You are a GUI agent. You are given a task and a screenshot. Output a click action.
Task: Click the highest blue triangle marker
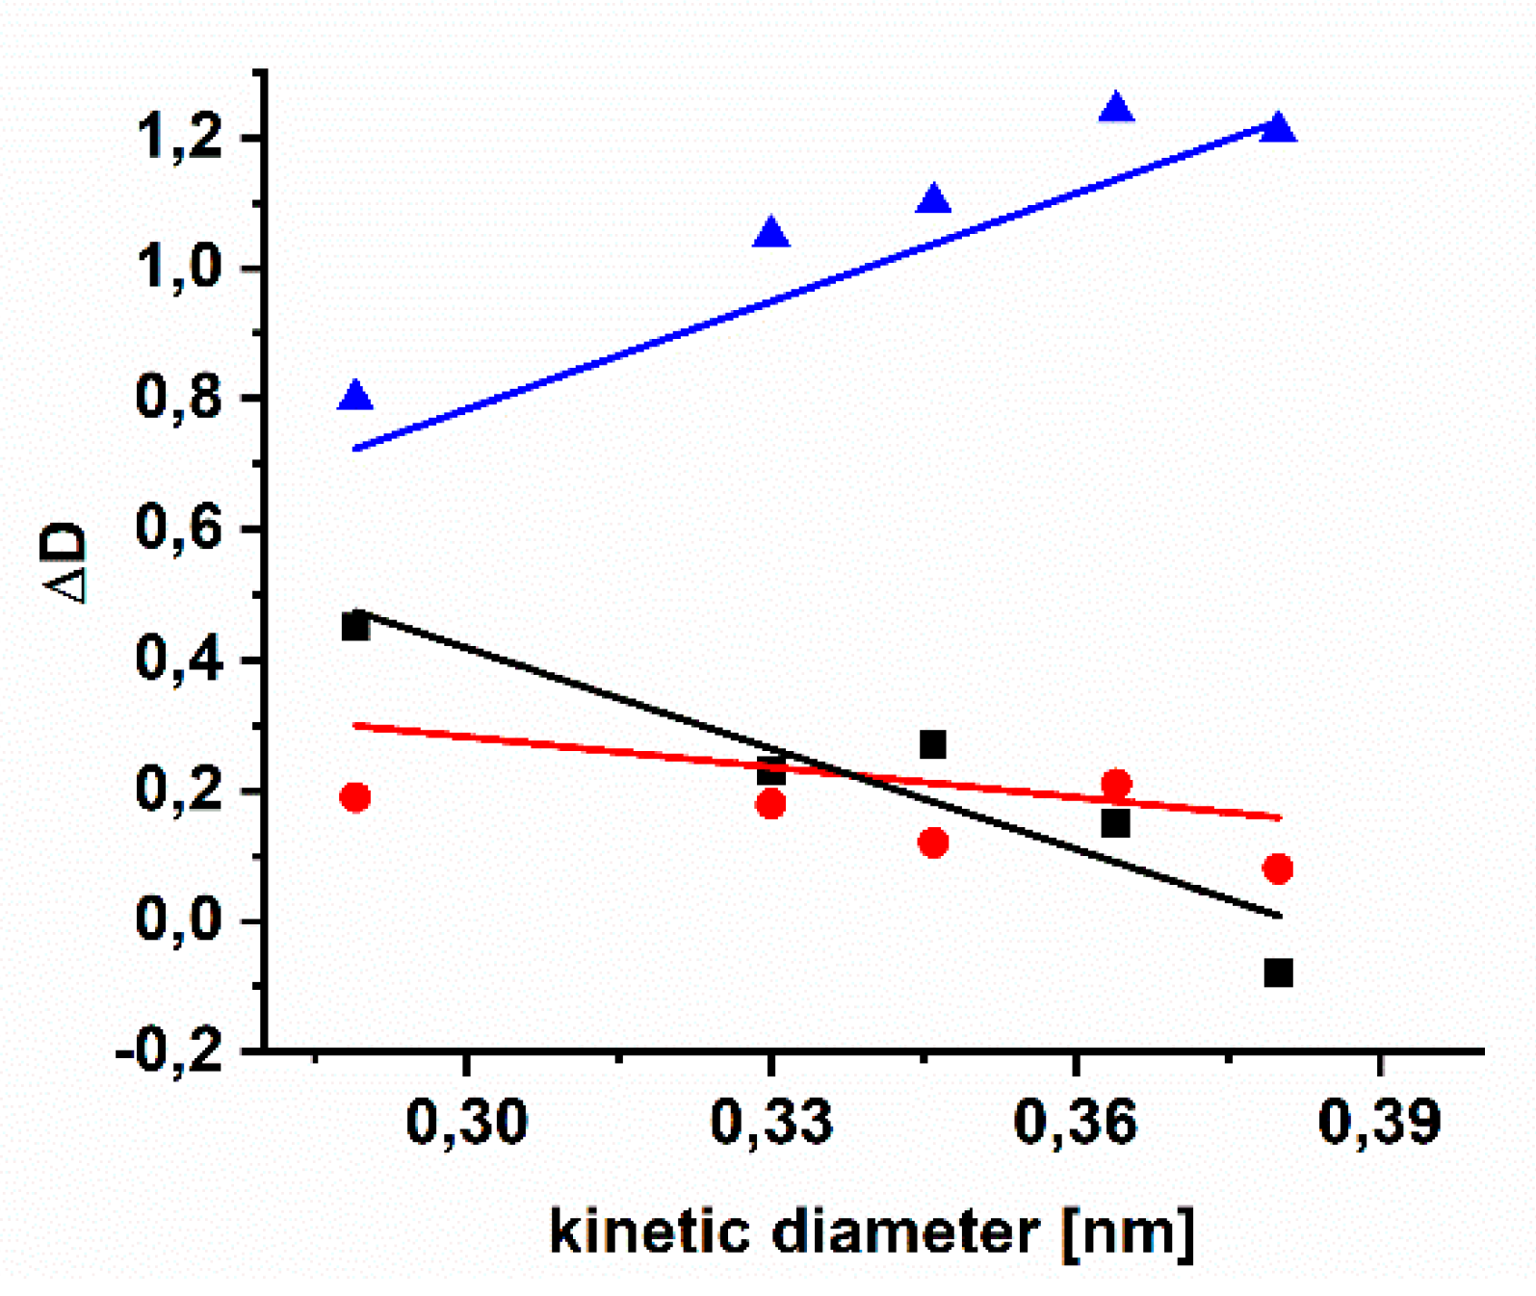pyautogui.click(x=1115, y=108)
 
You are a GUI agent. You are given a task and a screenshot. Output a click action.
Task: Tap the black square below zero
pyautogui.click(x=1278, y=972)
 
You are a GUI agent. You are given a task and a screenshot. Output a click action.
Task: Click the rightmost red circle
pyautogui.click(x=1278, y=868)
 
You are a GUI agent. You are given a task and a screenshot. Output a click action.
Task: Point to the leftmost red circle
pyautogui.click(x=355, y=797)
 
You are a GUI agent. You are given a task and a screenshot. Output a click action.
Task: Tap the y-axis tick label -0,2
pyautogui.click(x=170, y=1050)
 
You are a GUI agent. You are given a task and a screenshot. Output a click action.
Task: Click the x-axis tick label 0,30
pyautogui.click(x=467, y=1123)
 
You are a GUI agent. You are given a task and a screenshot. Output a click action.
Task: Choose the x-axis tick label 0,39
pyautogui.click(x=1379, y=1123)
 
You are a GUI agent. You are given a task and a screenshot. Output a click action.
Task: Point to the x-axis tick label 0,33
pyautogui.click(x=770, y=1123)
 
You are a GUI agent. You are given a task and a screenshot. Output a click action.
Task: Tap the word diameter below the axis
pyautogui.click(x=905, y=1231)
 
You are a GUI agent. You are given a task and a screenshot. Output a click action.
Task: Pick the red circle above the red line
pyautogui.click(x=1115, y=784)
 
